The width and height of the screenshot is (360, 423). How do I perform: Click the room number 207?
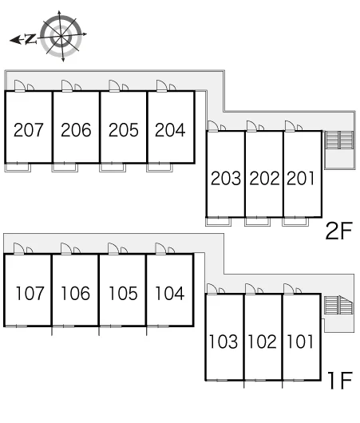click(28, 130)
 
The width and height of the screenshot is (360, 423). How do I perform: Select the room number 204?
click(170, 130)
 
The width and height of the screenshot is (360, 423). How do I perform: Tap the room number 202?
click(264, 178)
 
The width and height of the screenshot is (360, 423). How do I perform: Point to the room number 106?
click(75, 293)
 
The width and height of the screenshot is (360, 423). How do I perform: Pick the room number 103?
click(224, 342)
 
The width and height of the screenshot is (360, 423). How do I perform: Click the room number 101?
click(300, 342)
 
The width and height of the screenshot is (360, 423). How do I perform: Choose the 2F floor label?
click(339, 231)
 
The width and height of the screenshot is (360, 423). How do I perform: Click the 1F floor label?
click(340, 380)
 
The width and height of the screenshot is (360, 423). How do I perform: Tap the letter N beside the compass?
click(30, 39)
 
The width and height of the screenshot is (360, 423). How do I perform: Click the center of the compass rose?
click(61, 36)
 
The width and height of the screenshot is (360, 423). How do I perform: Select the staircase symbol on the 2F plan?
click(339, 140)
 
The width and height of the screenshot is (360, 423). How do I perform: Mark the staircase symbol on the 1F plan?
click(338, 305)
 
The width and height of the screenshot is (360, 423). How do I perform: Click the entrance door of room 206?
click(66, 86)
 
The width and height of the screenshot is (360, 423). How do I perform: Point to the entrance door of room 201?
click(290, 126)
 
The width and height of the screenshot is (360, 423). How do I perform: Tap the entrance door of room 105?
click(113, 249)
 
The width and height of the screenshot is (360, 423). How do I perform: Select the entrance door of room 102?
click(250, 289)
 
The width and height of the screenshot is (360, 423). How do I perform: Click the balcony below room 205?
click(113, 168)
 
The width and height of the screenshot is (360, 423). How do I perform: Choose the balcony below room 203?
click(219, 222)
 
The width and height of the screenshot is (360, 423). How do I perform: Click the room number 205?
click(124, 130)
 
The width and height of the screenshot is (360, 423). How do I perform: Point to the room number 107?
click(30, 293)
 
